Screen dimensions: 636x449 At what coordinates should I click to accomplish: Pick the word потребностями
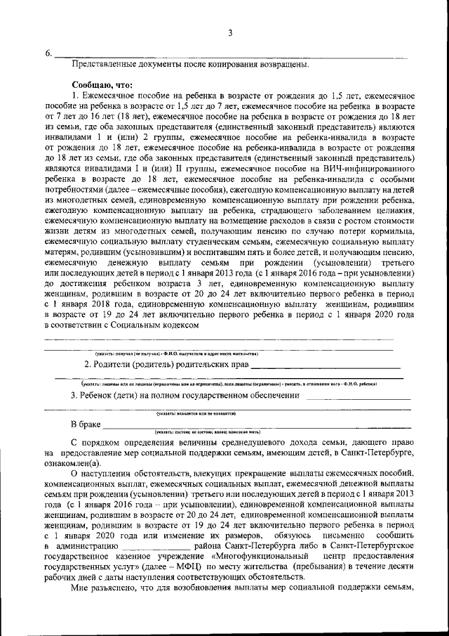point(75,190)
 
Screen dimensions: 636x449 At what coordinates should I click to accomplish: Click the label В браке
point(86,424)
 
